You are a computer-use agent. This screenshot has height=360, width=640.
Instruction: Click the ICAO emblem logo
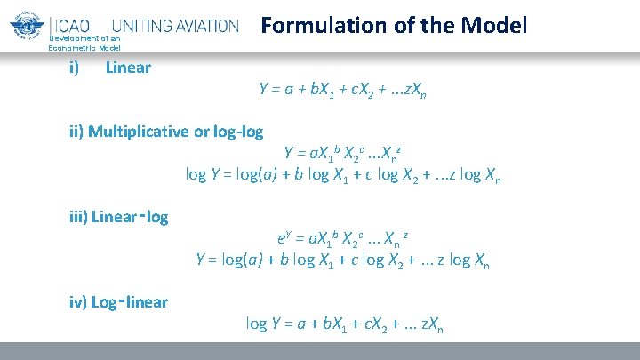[27, 25]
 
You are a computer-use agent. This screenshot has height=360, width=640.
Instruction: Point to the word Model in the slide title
[492, 25]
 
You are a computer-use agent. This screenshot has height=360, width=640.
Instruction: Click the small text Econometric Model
[84, 46]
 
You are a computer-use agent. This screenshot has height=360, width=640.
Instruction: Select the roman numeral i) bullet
[75, 68]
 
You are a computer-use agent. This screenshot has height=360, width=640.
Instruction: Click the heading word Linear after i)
[128, 68]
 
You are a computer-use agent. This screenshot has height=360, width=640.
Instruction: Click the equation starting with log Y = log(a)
[343, 173]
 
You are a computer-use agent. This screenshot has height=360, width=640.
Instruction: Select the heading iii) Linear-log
[118, 216]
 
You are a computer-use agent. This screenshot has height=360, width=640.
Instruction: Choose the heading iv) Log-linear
[118, 302]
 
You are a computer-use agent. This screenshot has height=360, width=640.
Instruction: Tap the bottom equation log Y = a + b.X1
[344, 324]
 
